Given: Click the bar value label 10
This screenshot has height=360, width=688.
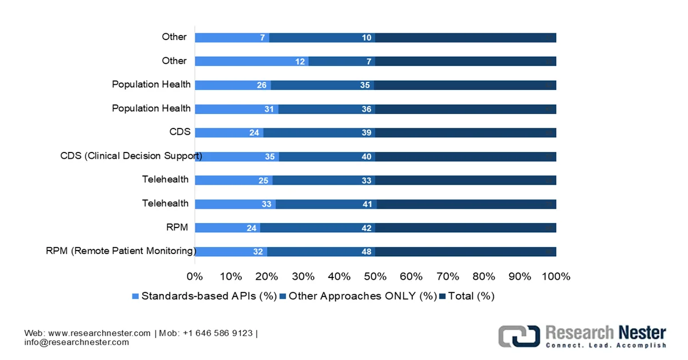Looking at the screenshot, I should (367, 38).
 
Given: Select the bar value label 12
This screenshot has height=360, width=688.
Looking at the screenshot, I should (300, 62).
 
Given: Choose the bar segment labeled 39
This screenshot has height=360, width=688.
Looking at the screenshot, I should (319, 133).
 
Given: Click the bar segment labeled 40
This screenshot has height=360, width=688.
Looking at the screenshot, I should (327, 157).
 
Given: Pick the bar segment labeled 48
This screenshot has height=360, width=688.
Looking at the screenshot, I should (320, 252).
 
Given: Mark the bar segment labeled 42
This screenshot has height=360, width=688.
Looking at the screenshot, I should (317, 228).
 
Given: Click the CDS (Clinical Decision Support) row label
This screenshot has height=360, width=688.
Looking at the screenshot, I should (131, 156).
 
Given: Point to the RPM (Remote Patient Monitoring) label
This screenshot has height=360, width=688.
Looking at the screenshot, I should (121, 251).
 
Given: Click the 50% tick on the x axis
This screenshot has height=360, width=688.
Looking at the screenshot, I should (376, 276).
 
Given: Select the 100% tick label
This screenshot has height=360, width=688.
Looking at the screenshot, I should (556, 276).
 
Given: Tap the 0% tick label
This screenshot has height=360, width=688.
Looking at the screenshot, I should (195, 276).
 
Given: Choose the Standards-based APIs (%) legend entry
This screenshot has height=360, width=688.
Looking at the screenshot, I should (205, 296).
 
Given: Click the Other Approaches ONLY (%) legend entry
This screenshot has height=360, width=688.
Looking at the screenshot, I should (358, 296).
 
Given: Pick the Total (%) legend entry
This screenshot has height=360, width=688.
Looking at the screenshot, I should (467, 296).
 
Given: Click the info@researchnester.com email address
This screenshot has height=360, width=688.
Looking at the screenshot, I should (77, 342).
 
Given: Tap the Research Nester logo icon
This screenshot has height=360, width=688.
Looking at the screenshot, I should (518, 336).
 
